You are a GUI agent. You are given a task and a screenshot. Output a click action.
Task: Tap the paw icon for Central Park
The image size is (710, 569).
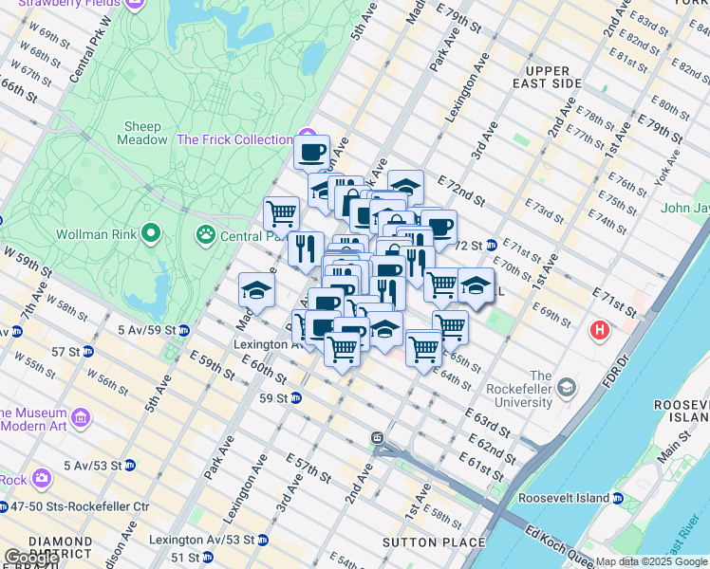[x=205, y=233]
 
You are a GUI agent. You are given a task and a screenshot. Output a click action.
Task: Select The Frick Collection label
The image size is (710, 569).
[x=234, y=139]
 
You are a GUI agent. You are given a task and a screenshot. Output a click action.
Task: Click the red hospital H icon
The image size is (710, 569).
[x=600, y=331]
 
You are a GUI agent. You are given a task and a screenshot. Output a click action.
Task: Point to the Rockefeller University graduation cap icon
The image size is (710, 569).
[x=567, y=387]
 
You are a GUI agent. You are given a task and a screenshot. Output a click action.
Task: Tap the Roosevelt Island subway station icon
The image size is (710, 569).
[x=618, y=498]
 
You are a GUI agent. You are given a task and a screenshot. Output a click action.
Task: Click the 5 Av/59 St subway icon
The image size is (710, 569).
[x=184, y=330]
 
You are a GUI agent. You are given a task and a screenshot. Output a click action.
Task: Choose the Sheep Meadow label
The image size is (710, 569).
[x=141, y=133]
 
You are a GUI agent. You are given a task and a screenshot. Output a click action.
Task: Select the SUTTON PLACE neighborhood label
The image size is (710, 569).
[x=433, y=542]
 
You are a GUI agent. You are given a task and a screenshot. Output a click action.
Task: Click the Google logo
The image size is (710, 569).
[x=31, y=558]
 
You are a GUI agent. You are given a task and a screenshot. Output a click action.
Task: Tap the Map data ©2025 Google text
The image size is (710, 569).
[x=650, y=561]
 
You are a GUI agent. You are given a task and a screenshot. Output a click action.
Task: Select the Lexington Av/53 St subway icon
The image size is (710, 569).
[x=262, y=540]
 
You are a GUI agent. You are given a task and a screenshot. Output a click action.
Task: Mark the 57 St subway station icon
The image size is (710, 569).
[x=88, y=351]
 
